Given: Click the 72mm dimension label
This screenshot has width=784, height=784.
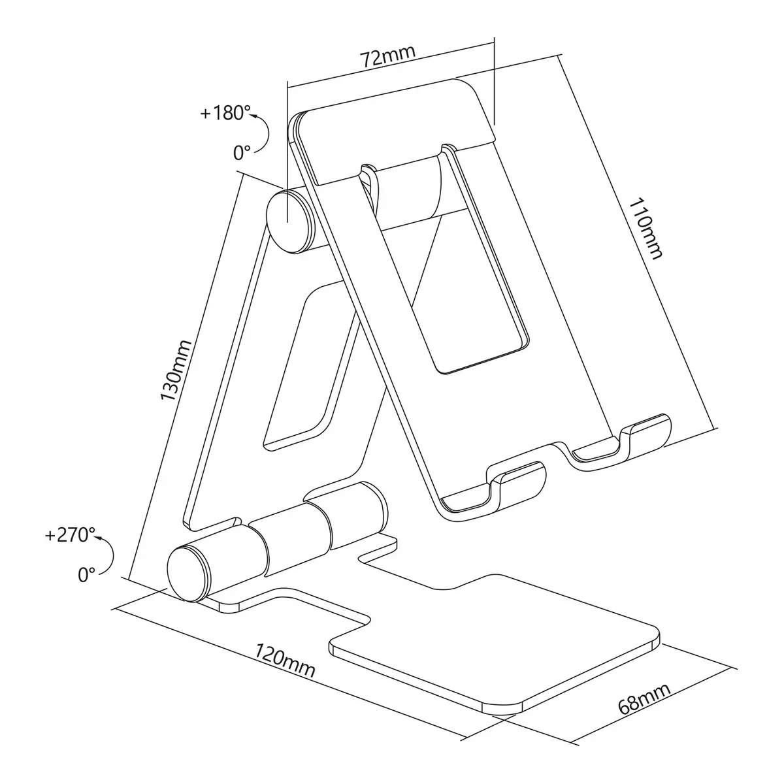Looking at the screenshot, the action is (x=388, y=56).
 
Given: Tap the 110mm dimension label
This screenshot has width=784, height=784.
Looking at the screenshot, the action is (x=645, y=228).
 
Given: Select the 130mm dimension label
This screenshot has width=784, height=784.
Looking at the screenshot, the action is (x=175, y=370).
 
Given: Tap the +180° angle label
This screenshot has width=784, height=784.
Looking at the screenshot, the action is (x=225, y=112).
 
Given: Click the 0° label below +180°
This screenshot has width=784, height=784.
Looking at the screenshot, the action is (x=242, y=153).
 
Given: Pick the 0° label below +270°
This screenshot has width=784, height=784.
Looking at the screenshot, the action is (x=87, y=575).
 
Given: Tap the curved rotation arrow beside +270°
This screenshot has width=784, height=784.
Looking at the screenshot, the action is (x=112, y=554).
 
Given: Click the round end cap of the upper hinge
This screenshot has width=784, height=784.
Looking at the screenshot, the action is (x=289, y=221).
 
